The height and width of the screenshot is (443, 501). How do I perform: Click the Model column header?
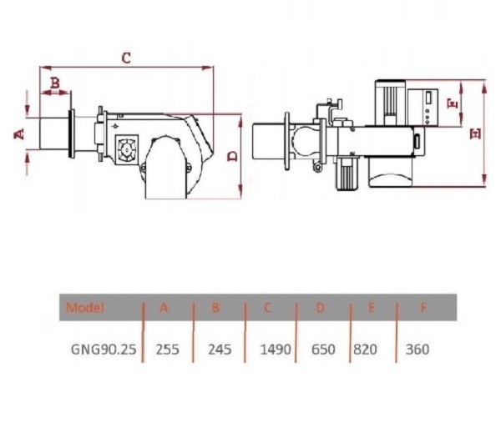click(x=85, y=308)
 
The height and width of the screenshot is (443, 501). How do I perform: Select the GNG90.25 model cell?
click(x=104, y=350)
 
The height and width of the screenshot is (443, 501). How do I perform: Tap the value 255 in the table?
click(x=168, y=350)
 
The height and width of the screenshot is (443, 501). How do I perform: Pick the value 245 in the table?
click(x=220, y=350)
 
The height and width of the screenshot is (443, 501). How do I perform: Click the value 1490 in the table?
click(x=276, y=350)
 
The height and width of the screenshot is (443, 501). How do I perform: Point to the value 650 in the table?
click(x=323, y=350)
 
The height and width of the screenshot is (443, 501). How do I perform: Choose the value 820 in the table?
click(x=365, y=350)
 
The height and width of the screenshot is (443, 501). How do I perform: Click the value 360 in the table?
click(x=417, y=350)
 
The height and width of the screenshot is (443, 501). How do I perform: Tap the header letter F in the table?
click(x=423, y=308)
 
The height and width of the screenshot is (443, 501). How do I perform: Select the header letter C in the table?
click(x=267, y=308)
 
